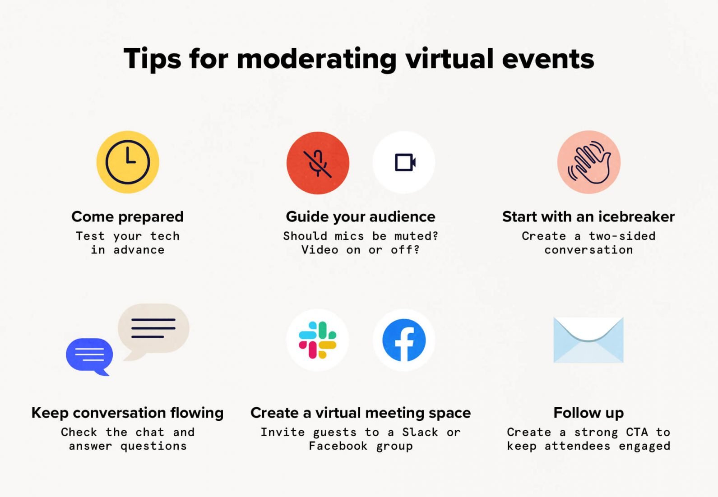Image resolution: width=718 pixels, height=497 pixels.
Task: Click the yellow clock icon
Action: point(128,162)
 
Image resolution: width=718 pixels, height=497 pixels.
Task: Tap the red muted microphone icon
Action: point(318,163)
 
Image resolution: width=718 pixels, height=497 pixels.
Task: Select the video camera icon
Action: point(404,162)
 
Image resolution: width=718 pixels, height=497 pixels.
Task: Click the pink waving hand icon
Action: point(589,162)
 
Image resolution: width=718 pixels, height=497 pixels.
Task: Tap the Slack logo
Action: point(318,340)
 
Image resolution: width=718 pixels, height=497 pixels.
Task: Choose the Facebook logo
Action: point(404,340)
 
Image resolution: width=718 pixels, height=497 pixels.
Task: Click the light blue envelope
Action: point(588,340)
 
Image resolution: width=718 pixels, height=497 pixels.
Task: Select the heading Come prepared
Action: point(127,217)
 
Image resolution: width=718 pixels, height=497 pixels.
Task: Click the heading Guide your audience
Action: point(361,217)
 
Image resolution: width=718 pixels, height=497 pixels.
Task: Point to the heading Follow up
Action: point(588,413)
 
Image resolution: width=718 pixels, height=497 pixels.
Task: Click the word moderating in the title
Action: point(316,59)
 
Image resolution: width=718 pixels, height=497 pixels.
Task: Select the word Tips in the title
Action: point(152,59)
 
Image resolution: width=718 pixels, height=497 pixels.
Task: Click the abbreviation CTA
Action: point(637,432)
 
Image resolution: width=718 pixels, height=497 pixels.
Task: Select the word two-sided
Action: point(622,236)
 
